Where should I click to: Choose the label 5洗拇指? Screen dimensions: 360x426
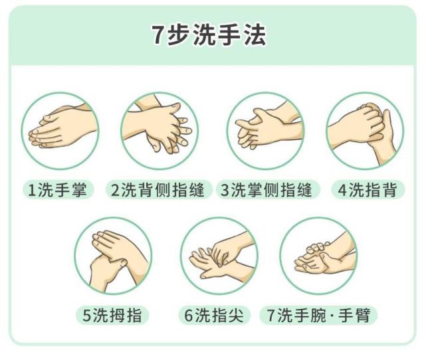(x=112, y=315)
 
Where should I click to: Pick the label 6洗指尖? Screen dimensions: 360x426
(x=213, y=315)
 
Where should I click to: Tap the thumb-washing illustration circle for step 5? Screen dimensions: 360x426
(x=113, y=256)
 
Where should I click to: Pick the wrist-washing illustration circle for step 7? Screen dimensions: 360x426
(x=319, y=256)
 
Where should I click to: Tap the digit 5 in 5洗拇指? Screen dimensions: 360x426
(x=86, y=316)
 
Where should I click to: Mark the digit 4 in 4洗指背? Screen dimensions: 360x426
(x=342, y=191)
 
